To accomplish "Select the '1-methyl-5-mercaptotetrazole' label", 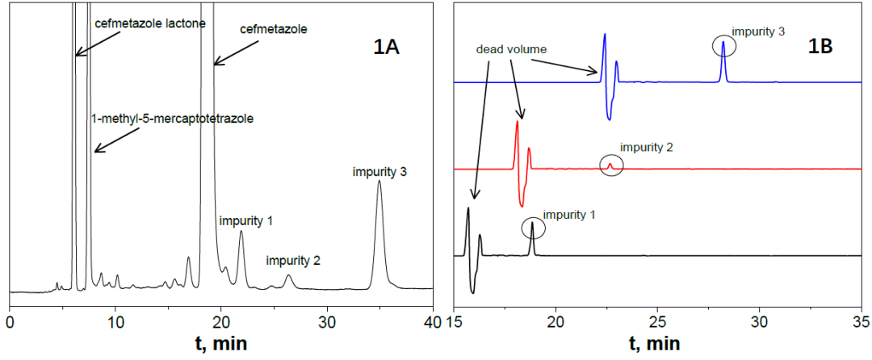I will coord(173,119).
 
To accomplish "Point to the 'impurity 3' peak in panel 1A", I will coord(379,182).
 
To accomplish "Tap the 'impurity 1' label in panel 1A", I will coord(246,220).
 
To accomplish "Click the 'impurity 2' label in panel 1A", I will coord(294,261).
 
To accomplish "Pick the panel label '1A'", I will coord(386,48).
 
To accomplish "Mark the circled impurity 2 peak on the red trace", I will coord(610,165).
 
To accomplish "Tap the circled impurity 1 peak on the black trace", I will coord(532,228).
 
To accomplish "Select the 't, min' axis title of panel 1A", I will coord(220,344).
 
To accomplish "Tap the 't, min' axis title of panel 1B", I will coord(655,344).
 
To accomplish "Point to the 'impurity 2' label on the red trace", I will coord(647,148).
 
